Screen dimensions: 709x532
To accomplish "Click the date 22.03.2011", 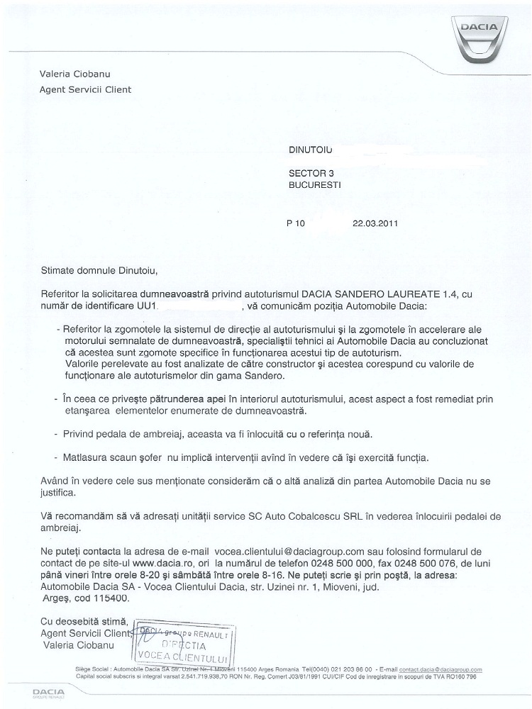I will (376, 222).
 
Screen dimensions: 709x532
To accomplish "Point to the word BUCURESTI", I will (316, 183).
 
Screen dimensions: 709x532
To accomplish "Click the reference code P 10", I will (295, 222).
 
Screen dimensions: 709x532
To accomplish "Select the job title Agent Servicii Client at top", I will (85, 89).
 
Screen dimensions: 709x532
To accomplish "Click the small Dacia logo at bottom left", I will (49, 693).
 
